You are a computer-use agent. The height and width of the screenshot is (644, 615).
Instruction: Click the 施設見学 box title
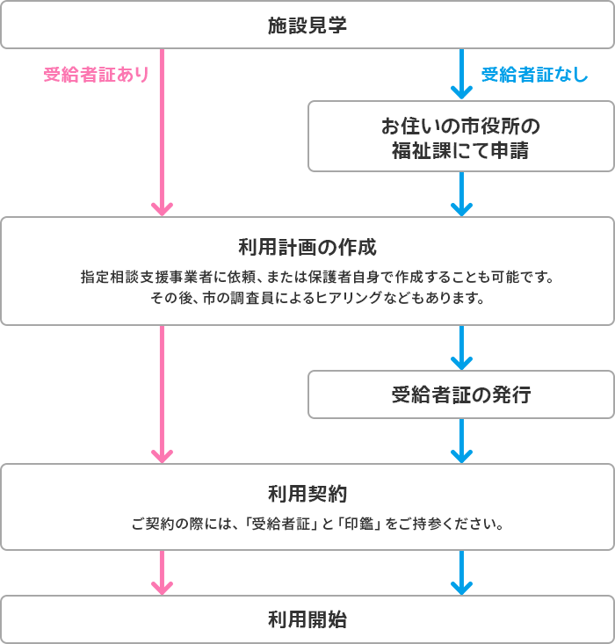pos(307,25)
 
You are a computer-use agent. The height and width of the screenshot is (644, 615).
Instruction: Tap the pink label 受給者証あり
pos(96,76)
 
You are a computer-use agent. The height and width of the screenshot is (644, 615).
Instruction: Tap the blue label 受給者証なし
pos(534,76)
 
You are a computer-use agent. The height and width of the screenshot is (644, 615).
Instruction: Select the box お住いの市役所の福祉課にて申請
pos(460,136)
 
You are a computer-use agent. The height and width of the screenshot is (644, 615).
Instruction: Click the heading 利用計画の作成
pos(307,243)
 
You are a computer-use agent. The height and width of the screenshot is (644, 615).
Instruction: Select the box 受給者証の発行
pos(460,394)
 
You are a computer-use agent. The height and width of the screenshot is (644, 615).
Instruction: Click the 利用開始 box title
pos(307,619)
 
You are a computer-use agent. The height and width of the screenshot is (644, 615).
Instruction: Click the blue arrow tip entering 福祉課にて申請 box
pos(461,92)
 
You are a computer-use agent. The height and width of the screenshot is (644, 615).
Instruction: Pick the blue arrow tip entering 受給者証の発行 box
pos(461,362)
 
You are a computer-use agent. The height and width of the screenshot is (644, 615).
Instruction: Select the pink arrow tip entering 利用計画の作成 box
pos(163,208)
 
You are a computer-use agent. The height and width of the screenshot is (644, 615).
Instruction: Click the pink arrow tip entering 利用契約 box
pos(163,455)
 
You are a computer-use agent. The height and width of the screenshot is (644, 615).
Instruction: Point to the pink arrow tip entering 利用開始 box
pos(163,587)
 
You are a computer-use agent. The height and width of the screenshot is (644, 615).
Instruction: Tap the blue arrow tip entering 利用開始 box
pos(461,587)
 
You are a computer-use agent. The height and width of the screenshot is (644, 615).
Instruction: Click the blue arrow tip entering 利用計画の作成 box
pos(461,208)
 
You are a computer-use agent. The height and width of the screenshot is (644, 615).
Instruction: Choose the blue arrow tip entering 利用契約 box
pos(461,455)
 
